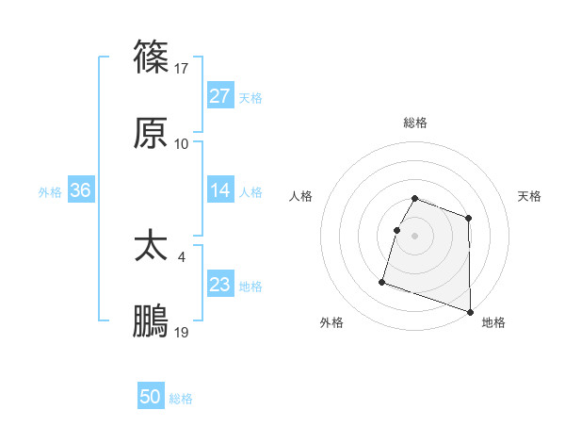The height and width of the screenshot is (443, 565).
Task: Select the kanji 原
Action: coord(152,134)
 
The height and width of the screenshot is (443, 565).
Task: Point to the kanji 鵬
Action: coord(152,322)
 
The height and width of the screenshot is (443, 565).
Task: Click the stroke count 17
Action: coord(182,68)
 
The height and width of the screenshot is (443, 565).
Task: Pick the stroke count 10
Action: coord(182,143)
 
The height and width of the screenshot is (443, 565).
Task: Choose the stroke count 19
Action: coord(182,332)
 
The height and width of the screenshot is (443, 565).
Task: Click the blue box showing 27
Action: coord(220,96)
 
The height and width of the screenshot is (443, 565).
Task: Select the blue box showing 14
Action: coord(220,190)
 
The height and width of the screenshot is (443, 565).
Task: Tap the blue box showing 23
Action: coord(220,285)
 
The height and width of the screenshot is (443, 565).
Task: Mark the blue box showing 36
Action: coord(81,190)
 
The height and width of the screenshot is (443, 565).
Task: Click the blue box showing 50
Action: coord(151,398)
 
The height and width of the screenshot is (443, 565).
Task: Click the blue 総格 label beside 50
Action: coord(181,399)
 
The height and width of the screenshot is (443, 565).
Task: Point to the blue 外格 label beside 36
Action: coord(50,191)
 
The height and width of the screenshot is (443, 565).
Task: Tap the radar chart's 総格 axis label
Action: coord(415,123)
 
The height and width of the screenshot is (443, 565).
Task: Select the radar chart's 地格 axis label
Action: coord(493,322)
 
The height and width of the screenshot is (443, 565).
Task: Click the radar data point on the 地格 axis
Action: coord(470,312)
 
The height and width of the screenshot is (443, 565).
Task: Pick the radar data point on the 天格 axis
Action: coord(468,219)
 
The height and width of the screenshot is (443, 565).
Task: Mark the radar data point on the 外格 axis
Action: coord(382,281)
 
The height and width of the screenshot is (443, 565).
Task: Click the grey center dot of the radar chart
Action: coord(415,236)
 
